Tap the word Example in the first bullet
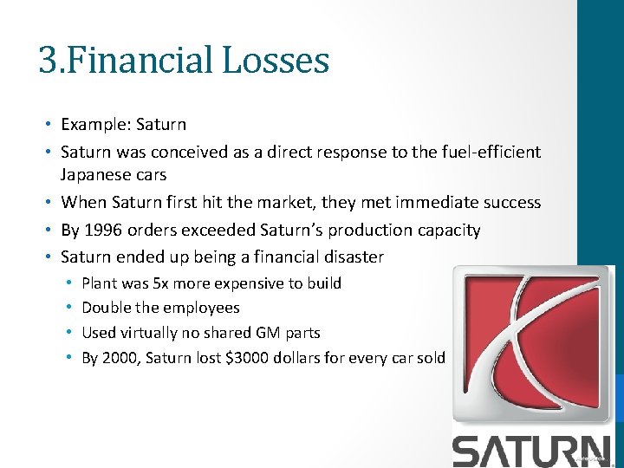91,125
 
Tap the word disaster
353,257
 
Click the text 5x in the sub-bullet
161,283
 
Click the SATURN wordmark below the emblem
536,450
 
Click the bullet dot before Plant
68,283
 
